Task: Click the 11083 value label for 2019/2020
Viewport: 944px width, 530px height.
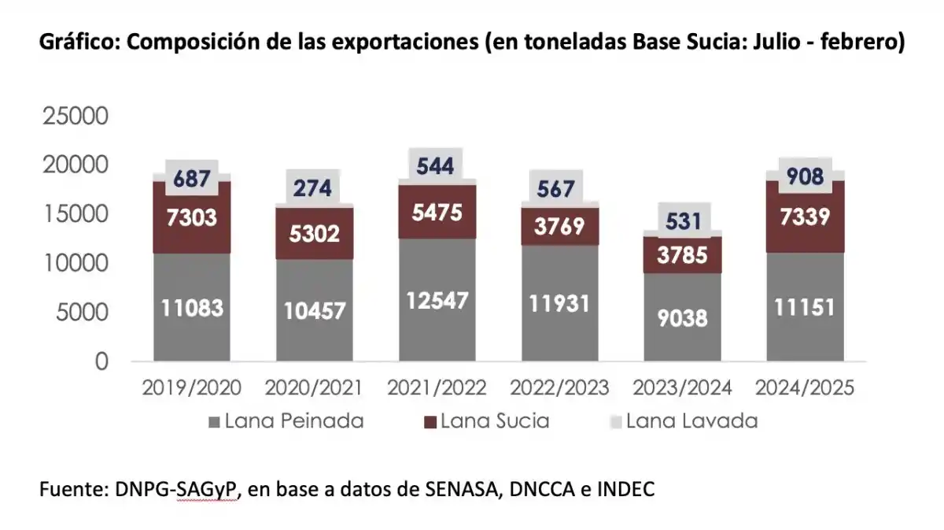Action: coord(192,308)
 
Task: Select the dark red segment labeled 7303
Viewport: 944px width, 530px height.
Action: coord(192,217)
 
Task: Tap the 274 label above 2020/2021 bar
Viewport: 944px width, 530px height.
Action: coord(314,189)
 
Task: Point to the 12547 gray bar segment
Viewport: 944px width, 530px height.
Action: coord(437,300)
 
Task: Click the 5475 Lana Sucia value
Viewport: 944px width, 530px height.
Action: coord(437,213)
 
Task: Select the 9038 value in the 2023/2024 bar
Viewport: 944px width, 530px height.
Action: coord(682,317)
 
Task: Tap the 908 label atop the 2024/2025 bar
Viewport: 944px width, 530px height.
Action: coord(804,176)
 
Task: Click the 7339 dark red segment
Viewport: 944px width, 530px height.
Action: coord(804,217)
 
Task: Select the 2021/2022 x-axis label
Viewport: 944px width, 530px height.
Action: coord(437,387)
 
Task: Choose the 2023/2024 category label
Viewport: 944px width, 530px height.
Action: coord(682,387)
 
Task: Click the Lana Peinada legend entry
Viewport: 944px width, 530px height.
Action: coord(286,421)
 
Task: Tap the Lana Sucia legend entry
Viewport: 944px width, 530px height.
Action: coord(486,421)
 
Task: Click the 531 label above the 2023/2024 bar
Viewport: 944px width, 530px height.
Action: coord(682,221)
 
